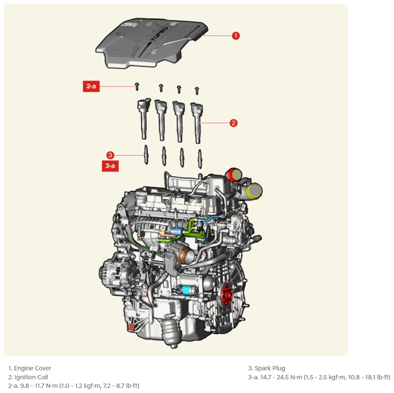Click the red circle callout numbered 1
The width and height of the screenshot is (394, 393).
coord(236,36)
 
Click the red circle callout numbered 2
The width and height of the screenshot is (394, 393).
coord(233,123)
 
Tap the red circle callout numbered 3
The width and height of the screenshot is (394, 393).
coord(110,155)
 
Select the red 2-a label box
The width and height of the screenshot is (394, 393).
coord(91,86)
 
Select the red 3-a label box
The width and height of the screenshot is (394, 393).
coord(110,166)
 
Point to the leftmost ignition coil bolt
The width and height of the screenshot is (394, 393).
coord(137,86)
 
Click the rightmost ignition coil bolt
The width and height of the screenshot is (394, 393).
coord(197,91)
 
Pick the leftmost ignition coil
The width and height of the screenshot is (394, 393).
coord(144,118)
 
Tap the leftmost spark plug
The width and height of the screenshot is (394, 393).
coord(146,154)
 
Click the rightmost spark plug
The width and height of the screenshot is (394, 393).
coord(200,159)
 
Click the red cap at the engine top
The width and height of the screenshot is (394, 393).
coord(234,175)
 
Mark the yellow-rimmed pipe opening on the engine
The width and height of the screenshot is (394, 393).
coord(254,191)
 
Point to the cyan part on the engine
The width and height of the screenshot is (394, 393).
coord(187,290)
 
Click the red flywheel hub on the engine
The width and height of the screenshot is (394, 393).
coord(227,294)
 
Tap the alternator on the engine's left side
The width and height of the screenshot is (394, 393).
coord(117,274)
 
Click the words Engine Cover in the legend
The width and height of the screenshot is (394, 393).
coord(32,368)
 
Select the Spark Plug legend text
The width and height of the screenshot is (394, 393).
coord(270,368)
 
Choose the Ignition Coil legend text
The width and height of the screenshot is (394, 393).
coord(31,377)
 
